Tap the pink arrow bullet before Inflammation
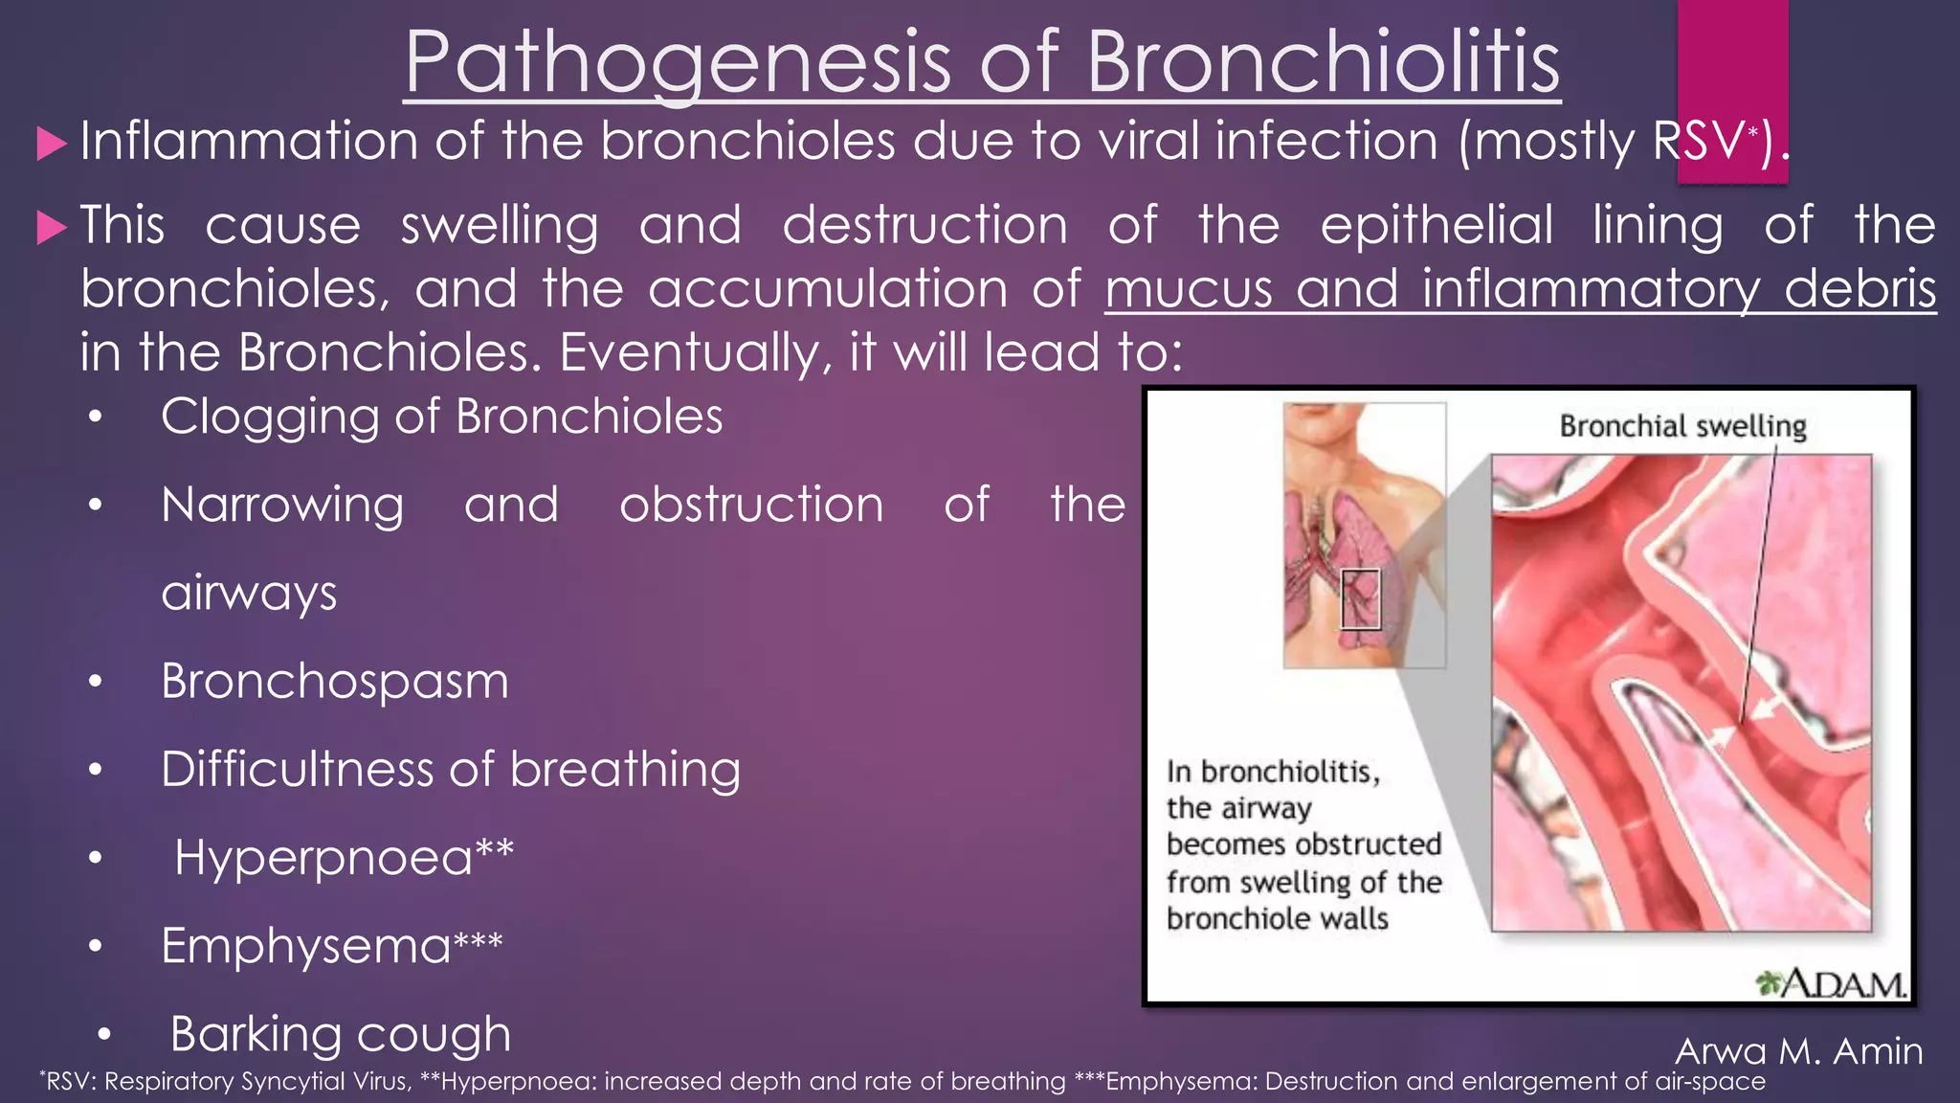coord(52,145)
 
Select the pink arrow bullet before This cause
coord(52,228)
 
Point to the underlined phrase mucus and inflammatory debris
coord(1520,288)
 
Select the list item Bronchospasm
coord(334,682)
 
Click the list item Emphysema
coord(305,946)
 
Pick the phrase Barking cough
coord(340,1034)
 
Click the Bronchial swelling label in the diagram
coord(1682,426)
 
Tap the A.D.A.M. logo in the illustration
coord(1831,983)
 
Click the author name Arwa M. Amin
coord(1798,1051)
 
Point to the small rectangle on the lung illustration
coord(1360,599)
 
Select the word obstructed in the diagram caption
coord(1375,844)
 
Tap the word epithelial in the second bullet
coord(1437,226)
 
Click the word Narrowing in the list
coord(282,506)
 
